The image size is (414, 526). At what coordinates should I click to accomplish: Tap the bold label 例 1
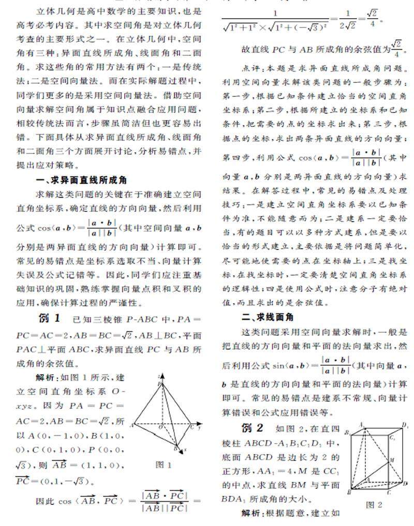50,317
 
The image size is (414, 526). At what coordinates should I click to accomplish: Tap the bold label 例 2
253,428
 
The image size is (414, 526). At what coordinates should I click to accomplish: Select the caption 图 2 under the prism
374,504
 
